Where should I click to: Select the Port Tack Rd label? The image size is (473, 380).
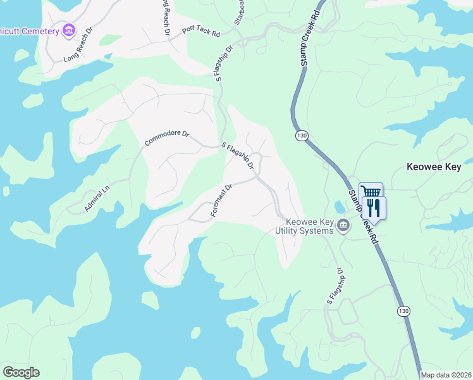tap(200, 30)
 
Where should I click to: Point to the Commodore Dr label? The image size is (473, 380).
tap(167, 137)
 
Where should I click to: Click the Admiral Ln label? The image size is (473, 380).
tap(97, 198)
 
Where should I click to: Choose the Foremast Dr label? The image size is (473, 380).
tap(222, 201)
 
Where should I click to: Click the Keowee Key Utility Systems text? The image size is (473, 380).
tap(309, 226)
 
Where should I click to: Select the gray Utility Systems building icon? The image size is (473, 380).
tap(343, 225)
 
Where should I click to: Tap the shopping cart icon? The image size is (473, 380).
tap(371, 192)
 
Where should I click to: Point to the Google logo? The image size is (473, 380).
tap(21, 372)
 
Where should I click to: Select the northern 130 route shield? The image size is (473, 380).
tap(302, 135)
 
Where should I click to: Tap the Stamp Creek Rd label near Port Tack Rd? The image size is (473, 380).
tap(310, 38)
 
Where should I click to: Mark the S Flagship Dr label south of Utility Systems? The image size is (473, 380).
tap(334, 286)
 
